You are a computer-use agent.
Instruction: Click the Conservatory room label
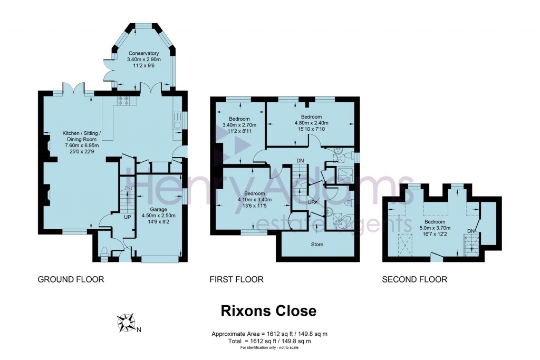143,53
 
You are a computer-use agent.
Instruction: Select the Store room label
317,245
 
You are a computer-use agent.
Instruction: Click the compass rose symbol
126,322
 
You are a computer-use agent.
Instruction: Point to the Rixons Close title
268,311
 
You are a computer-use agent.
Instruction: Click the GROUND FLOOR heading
71,279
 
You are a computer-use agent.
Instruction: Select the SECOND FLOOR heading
414,279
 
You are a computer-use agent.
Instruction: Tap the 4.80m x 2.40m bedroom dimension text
311,123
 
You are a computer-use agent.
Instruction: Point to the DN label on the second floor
470,231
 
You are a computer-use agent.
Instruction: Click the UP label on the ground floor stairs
127,217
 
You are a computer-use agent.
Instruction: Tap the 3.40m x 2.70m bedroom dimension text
239,125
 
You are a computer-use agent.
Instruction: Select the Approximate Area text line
272,334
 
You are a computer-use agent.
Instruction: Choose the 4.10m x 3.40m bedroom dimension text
254,200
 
